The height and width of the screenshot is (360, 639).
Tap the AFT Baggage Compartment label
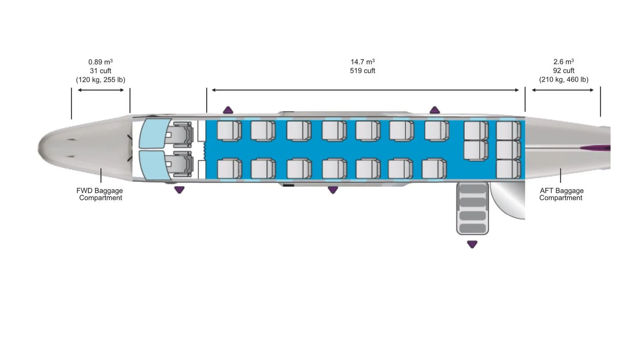coord(561,194)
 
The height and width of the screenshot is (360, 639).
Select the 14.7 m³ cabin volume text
coord(362,62)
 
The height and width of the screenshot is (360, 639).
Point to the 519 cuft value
coord(362,71)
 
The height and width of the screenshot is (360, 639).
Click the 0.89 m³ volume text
coord(101,62)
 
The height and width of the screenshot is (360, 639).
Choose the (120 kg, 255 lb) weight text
coord(101,80)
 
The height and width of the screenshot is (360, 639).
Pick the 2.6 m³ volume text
coord(563,62)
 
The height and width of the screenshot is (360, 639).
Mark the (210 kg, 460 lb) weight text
coord(563,79)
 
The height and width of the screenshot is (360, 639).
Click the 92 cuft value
coord(563,71)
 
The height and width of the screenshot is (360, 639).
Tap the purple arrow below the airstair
coord(472,244)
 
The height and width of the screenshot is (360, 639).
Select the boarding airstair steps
coord(473,209)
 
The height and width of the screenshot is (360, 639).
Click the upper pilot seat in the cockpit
coord(182,132)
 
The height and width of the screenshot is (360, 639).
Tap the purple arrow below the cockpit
coord(179,190)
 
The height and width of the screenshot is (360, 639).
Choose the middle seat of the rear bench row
coord(508,150)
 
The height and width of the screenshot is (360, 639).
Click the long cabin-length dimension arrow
coord(365,90)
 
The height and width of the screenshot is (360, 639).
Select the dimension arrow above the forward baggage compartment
coord(101,90)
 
